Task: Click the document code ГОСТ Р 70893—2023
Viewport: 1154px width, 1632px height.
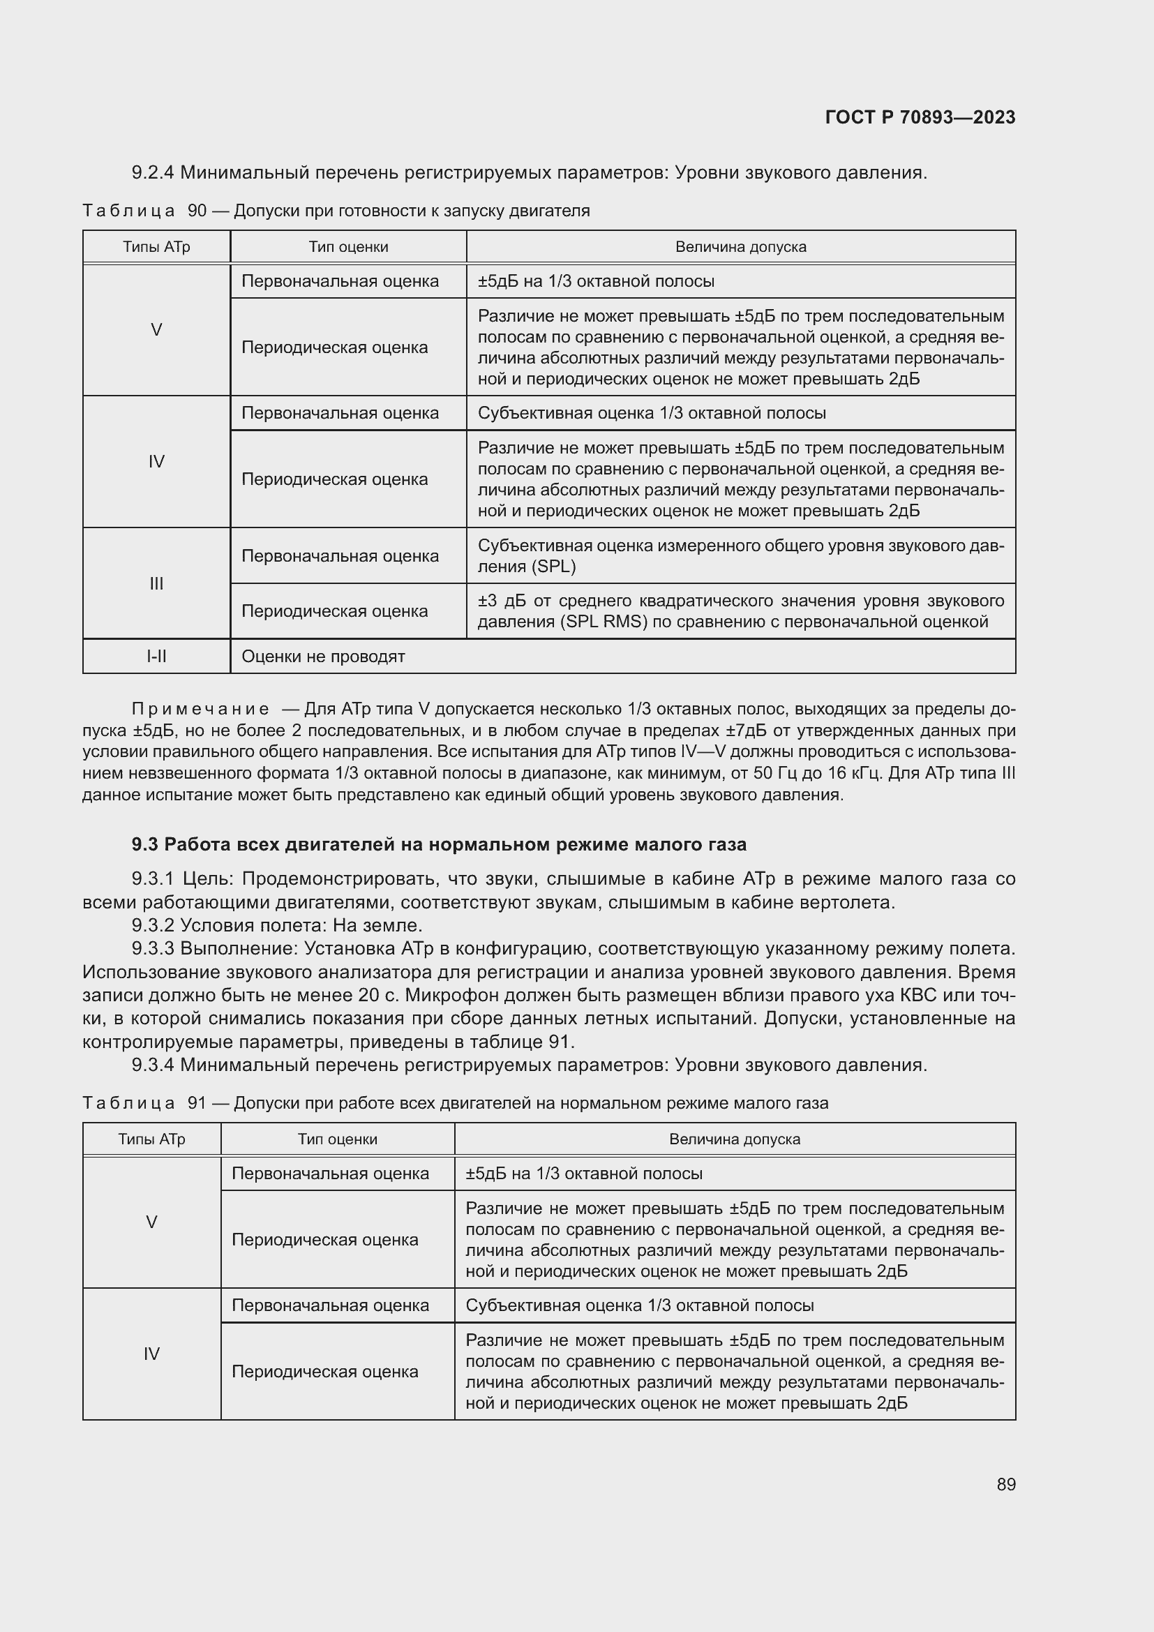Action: [920, 117]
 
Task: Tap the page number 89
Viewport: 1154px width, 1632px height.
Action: [1005, 1484]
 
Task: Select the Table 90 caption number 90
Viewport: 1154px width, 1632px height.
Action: [197, 211]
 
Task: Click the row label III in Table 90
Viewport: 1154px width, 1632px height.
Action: [156, 583]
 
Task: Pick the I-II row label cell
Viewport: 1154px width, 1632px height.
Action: [156, 656]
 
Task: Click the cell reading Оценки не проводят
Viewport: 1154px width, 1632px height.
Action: [323, 656]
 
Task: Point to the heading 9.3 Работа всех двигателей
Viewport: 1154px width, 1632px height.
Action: [438, 844]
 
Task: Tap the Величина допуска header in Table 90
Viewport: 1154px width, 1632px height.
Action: [740, 246]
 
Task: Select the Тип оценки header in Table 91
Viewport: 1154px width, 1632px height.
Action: [337, 1139]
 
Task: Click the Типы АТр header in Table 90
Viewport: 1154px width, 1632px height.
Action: [156, 246]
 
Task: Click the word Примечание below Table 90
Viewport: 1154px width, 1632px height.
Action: [200, 710]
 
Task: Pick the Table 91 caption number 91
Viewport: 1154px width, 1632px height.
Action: [197, 1103]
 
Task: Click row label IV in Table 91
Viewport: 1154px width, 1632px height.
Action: [151, 1354]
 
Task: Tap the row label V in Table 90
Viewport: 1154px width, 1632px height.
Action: [156, 330]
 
